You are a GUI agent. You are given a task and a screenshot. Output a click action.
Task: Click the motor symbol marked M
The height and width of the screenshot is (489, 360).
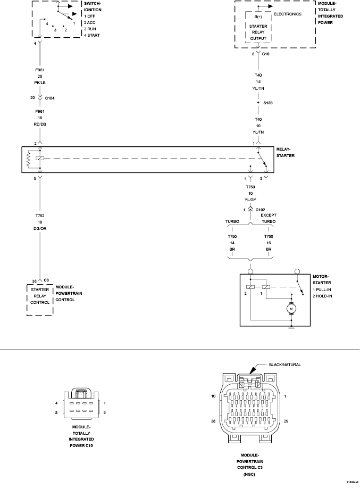point(291,308)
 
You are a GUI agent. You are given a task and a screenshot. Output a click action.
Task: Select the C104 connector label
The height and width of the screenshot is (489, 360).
point(50,98)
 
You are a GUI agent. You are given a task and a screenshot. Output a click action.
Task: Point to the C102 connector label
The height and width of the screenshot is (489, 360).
point(260,210)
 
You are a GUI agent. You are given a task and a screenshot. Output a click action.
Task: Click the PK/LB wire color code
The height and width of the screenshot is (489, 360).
point(40,82)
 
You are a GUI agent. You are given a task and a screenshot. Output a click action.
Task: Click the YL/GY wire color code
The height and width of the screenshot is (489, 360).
point(250,200)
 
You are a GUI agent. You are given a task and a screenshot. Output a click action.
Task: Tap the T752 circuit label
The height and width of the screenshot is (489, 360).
point(40,216)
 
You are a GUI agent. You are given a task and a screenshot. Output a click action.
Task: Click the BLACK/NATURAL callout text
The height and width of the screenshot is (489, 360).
point(285,364)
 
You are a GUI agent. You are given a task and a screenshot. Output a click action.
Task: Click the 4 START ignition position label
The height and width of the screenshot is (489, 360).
point(92,35)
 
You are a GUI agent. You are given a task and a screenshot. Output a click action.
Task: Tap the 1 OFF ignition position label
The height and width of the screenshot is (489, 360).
point(90,16)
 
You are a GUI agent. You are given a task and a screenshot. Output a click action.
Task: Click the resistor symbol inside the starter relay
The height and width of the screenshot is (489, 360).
point(28,159)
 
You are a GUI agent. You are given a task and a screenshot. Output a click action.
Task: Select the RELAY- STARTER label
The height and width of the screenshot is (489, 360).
point(285,152)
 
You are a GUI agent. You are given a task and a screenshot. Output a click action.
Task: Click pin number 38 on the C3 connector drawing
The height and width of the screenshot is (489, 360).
point(213,420)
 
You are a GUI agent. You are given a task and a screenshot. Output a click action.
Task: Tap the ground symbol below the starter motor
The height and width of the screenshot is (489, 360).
point(291,327)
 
